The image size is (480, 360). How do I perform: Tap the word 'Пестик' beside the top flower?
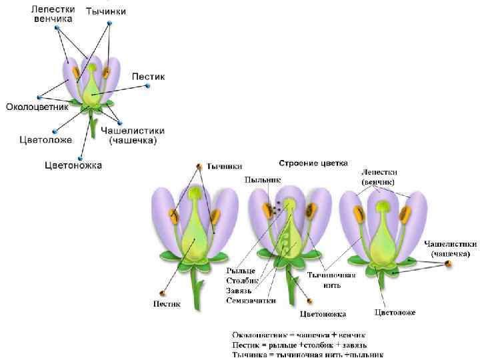coord(148,77)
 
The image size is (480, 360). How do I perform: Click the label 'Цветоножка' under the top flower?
coord(73,165)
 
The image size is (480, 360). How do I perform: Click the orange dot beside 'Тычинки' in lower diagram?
coord(199,166)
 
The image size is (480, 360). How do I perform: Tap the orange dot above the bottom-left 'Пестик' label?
coord(162,293)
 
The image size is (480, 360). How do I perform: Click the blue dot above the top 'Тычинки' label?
coord(108,22)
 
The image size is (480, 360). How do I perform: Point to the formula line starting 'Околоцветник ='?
coord(298,335)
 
